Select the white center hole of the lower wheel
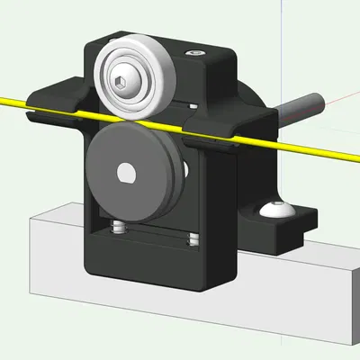pos(125,171)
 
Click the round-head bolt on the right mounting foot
pos(276,211)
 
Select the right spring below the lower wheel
pos(191,238)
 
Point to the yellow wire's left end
pos(4,97)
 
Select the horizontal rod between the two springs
pos(153,235)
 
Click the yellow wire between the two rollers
pos(153,121)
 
